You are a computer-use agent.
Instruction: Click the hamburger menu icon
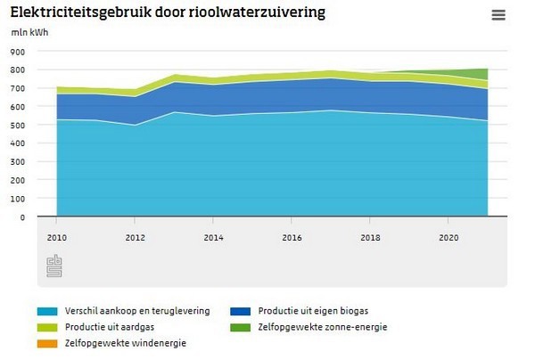click(498, 15)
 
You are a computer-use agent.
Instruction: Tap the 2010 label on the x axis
click(56, 238)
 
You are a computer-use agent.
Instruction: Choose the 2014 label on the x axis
click(214, 238)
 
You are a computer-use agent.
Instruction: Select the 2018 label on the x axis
click(371, 238)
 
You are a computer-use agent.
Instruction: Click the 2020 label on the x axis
click(450, 238)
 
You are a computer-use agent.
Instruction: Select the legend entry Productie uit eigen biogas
click(312, 311)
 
